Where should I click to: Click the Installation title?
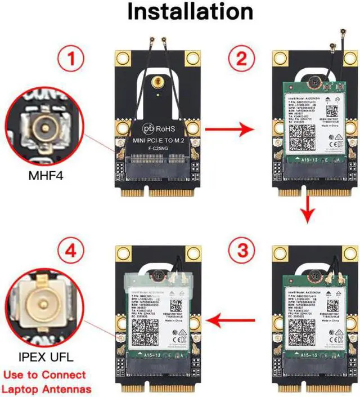tap(190, 12)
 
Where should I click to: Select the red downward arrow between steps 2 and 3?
tap(306, 209)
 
